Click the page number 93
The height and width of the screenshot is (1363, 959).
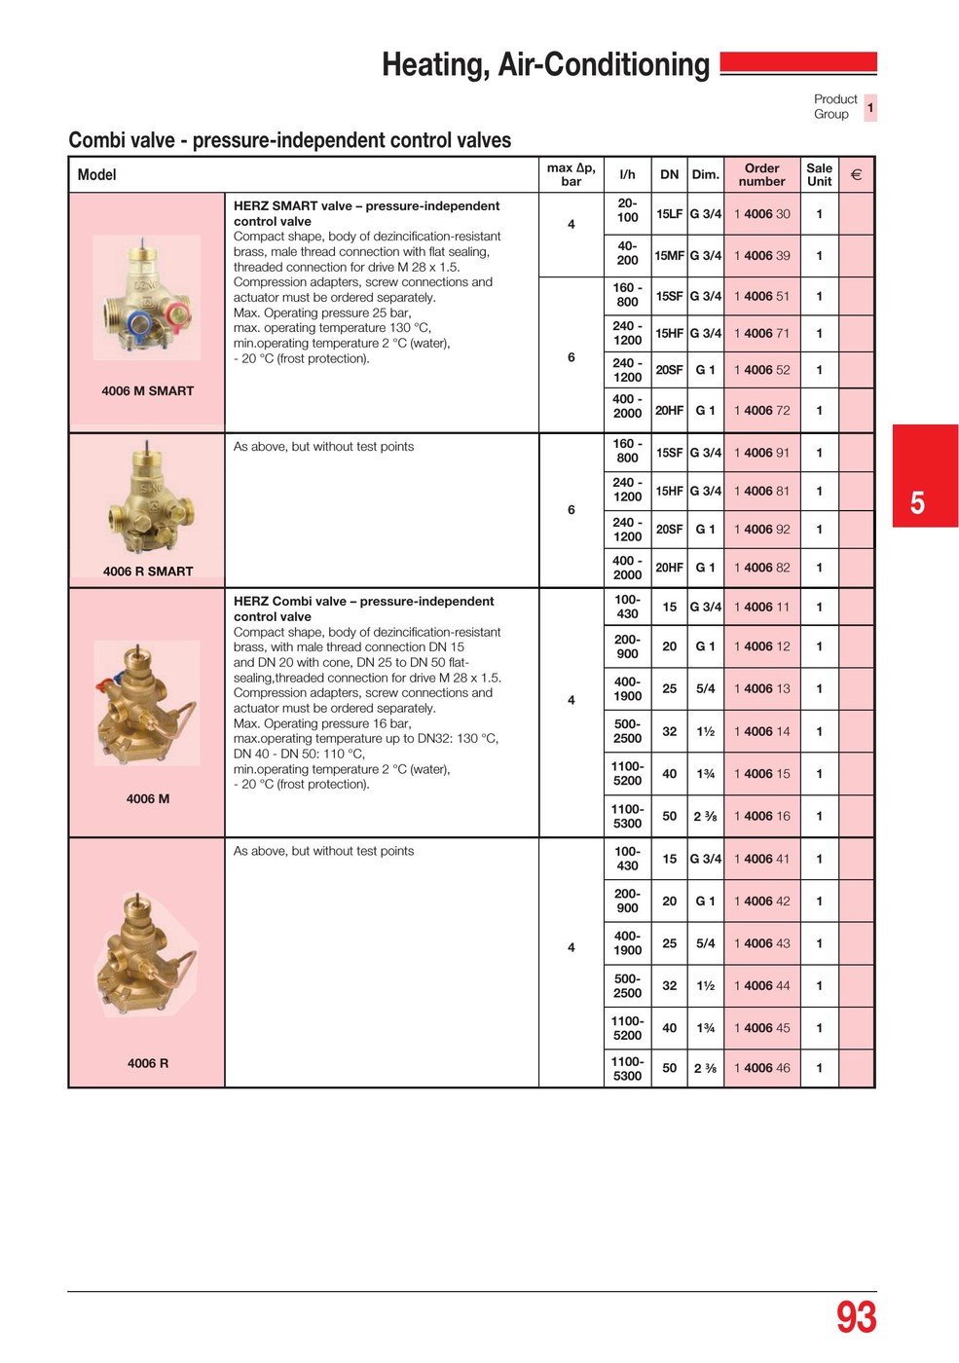pyautogui.click(x=856, y=1317)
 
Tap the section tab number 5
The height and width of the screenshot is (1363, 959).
pyautogui.click(x=917, y=502)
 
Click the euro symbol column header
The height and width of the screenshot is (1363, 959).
pyautogui.click(x=856, y=175)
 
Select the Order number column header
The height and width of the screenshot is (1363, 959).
pyautogui.click(x=761, y=175)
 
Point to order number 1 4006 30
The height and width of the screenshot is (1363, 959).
pyautogui.click(x=761, y=214)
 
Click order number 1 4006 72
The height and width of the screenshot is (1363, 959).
pyautogui.click(x=761, y=411)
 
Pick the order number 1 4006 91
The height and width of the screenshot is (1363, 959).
pyautogui.click(x=761, y=453)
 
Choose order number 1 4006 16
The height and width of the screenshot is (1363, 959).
pyautogui.click(x=761, y=816)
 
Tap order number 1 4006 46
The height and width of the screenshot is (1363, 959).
pyautogui.click(x=761, y=1068)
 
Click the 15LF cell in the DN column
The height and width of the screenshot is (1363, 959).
pyautogui.click(x=669, y=214)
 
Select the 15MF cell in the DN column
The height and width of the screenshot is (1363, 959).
pyautogui.click(x=669, y=256)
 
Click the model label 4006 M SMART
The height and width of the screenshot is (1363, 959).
pyautogui.click(x=148, y=391)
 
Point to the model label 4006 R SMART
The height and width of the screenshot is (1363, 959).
pyautogui.click(x=148, y=571)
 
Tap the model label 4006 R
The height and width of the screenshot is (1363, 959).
pyautogui.click(x=148, y=1063)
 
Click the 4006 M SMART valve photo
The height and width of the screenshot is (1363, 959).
pyautogui.click(x=147, y=297)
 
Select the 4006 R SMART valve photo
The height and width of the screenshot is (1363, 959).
pyautogui.click(x=149, y=498)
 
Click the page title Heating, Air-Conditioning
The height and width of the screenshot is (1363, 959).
pyautogui.click(x=545, y=65)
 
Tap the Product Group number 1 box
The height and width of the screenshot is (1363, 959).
pyautogui.click(x=870, y=107)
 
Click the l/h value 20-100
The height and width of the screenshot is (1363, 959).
pyautogui.click(x=627, y=210)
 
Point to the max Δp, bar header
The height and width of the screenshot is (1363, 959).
pyautogui.click(x=571, y=175)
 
